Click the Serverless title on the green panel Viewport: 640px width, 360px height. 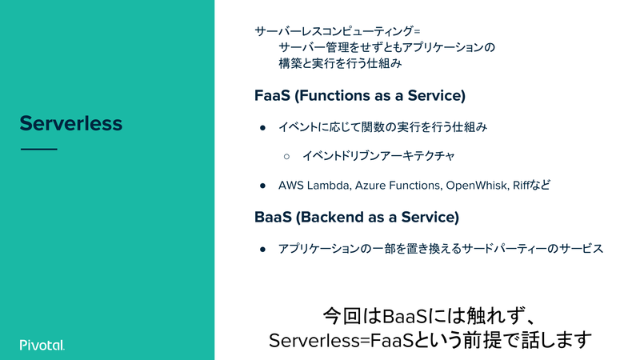coord(71,123)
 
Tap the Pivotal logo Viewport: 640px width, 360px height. coord(42,345)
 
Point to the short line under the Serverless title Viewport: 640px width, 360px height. coord(38,149)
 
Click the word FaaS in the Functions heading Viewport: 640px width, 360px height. coord(272,95)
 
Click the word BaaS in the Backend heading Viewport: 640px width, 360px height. coord(273,217)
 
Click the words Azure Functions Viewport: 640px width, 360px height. coord(398,186)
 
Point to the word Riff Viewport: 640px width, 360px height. coord(522,186)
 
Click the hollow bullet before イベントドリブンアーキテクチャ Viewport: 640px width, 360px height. coord(286,156)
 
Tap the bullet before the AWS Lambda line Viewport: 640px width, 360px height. coord(263,186)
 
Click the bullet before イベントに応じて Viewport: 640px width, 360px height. coord(263,128)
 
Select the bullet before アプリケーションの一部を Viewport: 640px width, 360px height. coord(263,249)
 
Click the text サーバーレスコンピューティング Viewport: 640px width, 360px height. coord(334,31)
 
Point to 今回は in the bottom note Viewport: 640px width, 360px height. coord(352,316)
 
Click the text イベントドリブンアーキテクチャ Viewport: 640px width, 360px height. coord(378,156)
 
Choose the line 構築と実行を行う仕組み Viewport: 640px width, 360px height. coord(341,64)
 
